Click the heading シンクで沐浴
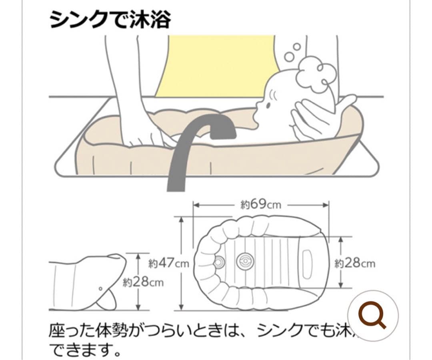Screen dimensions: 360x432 pyautogui.click(x=110, y=19)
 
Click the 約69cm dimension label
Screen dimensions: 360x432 pyautogui.click(x=261, y=205)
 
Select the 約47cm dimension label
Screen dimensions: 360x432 pyautogui.click(x=168, y=263)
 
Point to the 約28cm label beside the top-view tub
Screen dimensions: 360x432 pyautogui.click(x=355, y=263)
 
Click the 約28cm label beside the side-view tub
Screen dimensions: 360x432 pyautogui.click(x=143, y=282)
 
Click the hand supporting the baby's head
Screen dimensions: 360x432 pyautogui.click(x=316, y=116)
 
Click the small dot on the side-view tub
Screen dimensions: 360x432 pyautogui.click(x=100, y=288)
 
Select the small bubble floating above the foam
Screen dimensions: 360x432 pyautogui.click(x=297, y=46)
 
